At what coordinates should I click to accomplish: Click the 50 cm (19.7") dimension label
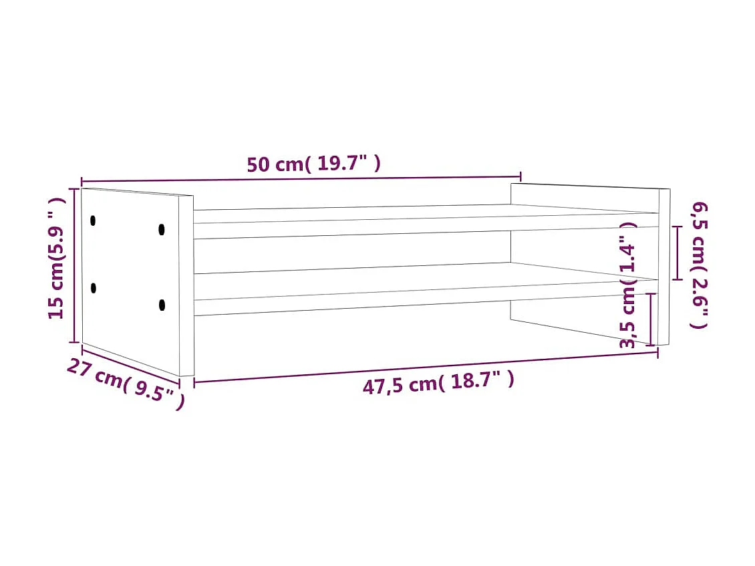[313, 164]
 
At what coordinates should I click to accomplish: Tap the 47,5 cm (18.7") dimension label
[438, 384]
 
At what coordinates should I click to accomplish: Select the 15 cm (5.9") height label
[59, 258]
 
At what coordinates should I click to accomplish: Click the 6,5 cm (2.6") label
[698, 265]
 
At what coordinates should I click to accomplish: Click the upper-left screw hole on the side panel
[93, 220]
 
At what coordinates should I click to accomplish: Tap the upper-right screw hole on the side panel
[162, 229]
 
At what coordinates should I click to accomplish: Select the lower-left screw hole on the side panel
[94, 288]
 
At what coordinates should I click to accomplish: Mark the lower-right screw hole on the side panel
[162, 305]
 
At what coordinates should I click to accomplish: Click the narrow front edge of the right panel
[664, 267]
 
